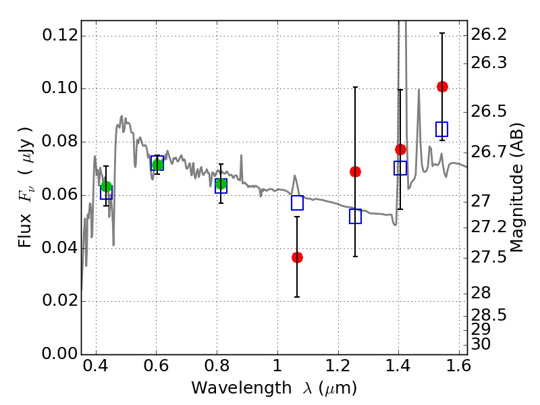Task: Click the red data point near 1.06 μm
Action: coord(297,257)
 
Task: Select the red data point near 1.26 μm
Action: coord(356,171)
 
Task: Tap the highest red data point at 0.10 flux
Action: coord(442,86)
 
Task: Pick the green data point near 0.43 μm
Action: coord(106,187)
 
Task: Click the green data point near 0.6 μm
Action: coord(157,165)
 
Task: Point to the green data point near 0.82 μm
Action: coord(221,184)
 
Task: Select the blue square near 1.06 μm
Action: coord(297,203)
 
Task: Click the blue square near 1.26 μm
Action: coord(356,216)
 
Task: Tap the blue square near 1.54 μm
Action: coord(442,129)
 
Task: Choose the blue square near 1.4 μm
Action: coord(400,168)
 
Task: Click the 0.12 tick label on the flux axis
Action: coord(60,35)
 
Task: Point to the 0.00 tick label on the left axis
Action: coord(60,354)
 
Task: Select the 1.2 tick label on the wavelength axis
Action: coord(338,366)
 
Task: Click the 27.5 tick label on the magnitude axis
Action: coord(489,258)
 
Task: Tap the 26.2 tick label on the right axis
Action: coord(489,34)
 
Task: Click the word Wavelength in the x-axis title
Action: coord(242,388)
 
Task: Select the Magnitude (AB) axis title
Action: coord(516,188)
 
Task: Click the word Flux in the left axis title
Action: coord(25,231)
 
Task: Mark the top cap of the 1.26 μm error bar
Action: coord(356,87)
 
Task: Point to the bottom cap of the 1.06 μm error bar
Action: coord(297,297)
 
